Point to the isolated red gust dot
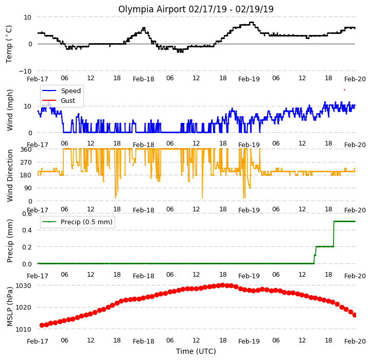(344, 89)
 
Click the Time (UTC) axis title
(196, 351)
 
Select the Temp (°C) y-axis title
(9, 44)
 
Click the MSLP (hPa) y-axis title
(9, 307)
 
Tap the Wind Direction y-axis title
(10, 175)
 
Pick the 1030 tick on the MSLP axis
(23, 286)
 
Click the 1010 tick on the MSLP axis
(23, 329)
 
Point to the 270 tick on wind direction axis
(26, 163)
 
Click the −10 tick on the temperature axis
(25, 71)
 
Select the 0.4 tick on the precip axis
(27, 230)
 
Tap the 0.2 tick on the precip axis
(27, 247)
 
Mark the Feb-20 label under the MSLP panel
(355, 341)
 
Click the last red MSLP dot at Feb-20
(355, 315)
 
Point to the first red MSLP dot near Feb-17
(42, 326)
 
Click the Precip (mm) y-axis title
(9, 241)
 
